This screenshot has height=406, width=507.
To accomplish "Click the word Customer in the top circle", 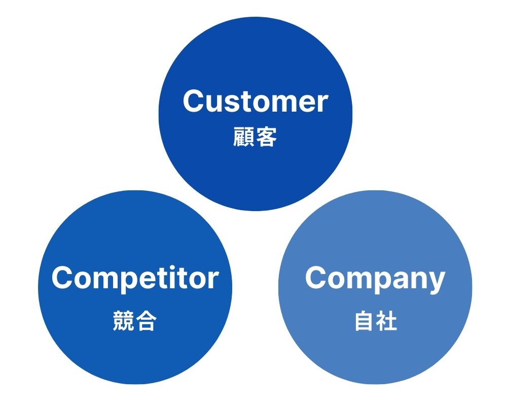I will coord(255,101).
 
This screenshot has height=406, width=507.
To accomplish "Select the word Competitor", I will coord(135,278).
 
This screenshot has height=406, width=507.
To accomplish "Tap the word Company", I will coord(375,279).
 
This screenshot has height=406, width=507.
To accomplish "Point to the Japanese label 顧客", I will coord(255,137).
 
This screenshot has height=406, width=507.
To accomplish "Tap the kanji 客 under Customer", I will coord(266,137).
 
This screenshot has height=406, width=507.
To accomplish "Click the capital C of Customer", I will coord(195,101).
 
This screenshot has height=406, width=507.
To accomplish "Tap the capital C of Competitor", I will coord(63,278).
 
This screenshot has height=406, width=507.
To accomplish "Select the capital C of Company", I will coord(317,278).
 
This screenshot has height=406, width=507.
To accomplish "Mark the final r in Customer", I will coord(322,103).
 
